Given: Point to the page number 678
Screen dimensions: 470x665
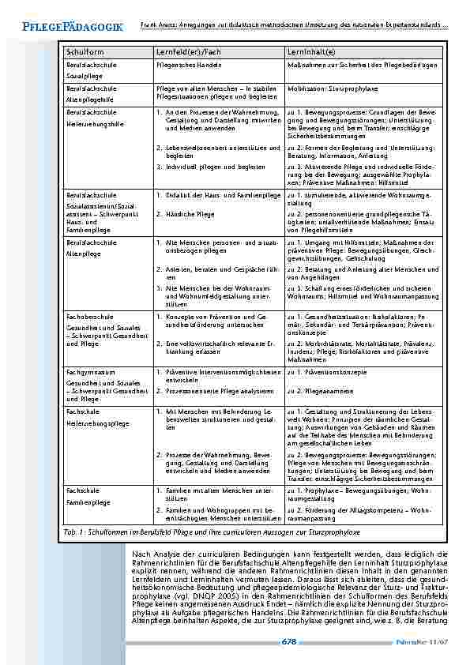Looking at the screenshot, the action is coord(288,642).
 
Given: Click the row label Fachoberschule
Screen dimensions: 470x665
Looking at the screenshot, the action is coord(87,316).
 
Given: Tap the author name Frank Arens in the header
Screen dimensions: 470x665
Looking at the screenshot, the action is coord(160,26).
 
